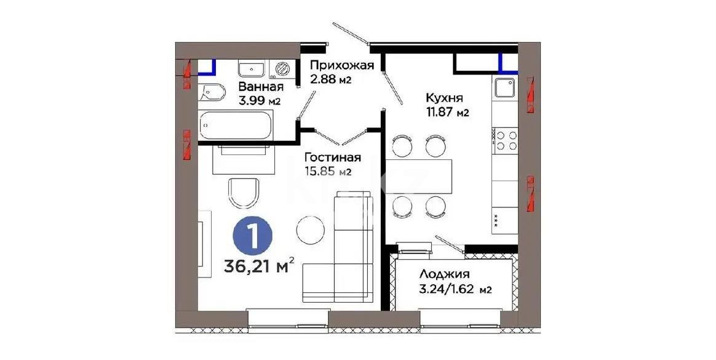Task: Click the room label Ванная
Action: (261, 87)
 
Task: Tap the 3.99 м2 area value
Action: (260, 101)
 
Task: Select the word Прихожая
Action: (333, 66)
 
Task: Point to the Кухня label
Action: (444, 98)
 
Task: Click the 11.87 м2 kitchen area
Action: (448, 113)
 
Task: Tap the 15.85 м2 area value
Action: (328, 172)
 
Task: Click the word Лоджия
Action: (445, 274)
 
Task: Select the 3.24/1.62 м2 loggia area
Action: (455, 289)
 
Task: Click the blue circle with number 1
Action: (251, 234)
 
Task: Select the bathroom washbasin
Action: (252, 69)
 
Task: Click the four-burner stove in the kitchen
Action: (506, 140)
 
